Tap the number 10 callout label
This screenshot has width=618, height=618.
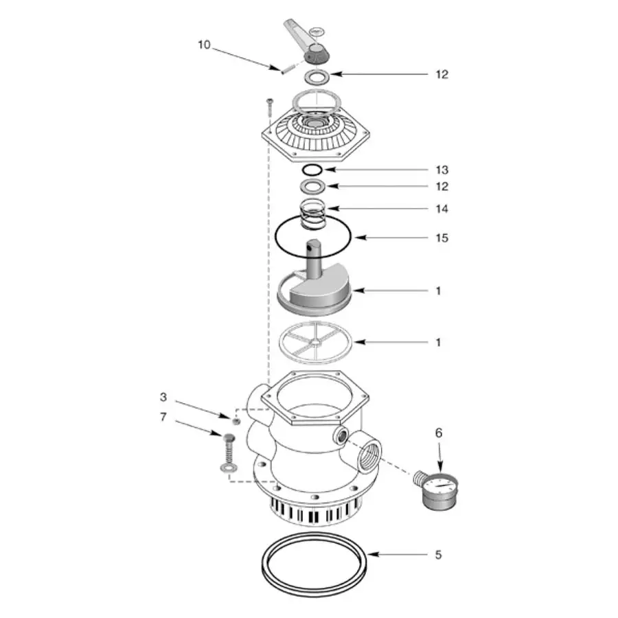204,45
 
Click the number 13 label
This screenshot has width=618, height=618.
442,170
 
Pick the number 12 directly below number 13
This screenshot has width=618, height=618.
442,187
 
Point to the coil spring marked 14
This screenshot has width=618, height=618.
314,214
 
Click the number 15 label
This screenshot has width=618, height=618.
442,238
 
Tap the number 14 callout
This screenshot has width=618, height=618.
442,209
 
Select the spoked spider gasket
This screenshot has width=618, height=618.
313,341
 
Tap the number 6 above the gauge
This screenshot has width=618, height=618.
439,433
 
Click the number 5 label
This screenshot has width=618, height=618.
438,555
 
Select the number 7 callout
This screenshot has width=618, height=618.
163,417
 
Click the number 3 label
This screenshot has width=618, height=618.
163,397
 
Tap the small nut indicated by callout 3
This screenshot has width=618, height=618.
236,420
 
